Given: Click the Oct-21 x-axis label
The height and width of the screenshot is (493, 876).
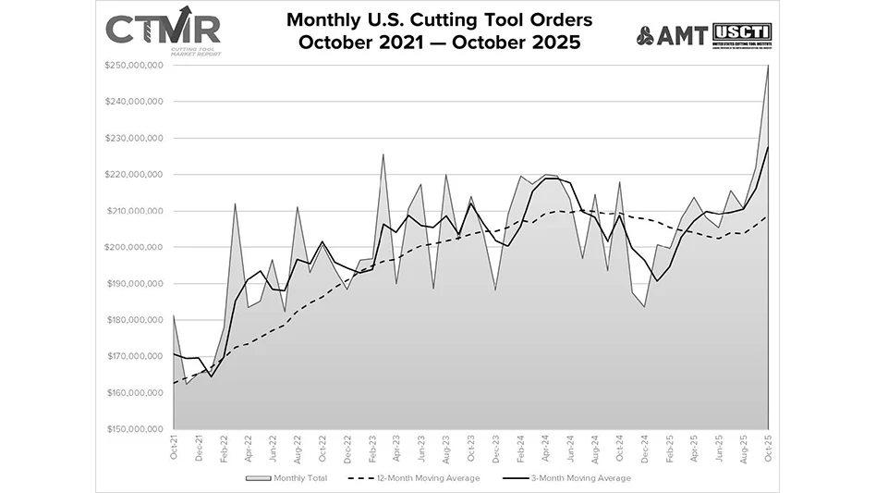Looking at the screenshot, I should pyautogui.click(x=174, y=448).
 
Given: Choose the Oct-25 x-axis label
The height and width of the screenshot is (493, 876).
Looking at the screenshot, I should pyautogui.click(x=768, y=448).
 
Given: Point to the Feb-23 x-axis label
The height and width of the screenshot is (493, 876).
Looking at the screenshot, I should pyautogui.click(x=371, y=448).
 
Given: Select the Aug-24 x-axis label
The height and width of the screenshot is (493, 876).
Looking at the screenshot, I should pyautogui.click(x=595, y=448).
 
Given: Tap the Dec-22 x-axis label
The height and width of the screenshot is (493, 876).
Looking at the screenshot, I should pyautogui.click(x=347, y=448).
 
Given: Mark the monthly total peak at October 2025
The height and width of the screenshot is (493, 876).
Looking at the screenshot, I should pyautogui.click(x=768, y=66).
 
